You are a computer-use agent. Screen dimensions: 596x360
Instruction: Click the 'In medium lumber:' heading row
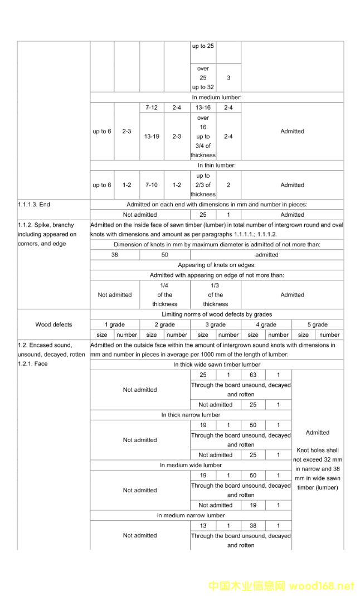point(217,98)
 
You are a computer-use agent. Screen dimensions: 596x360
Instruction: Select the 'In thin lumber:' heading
point(217,166)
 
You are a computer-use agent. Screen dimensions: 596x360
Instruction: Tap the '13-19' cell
point(152,136)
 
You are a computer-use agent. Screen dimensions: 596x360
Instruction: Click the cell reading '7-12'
point(152,108)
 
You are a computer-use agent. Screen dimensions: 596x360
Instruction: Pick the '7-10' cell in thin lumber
point(152,185)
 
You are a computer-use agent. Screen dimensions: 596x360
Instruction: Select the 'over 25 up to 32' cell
point(203,78)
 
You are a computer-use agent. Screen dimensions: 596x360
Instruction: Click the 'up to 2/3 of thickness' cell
point(203,185)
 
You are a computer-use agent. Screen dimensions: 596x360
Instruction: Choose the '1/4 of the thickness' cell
point(164,295)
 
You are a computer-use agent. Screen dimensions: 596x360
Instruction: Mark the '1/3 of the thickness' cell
point(215,295)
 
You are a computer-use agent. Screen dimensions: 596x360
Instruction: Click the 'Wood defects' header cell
point(53,324)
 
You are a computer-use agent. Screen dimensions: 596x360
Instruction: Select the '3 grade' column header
point(215,324)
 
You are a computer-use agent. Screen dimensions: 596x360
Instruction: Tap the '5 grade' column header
point(317,324)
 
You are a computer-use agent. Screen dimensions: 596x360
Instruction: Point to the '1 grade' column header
point(115,324)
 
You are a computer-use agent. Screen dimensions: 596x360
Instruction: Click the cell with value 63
point(253,375)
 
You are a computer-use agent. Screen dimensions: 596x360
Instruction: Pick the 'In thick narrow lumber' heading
point(191,415)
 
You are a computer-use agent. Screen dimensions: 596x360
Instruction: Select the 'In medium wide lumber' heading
point(191,465)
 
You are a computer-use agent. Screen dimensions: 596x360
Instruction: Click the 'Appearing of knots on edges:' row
point(217,265)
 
